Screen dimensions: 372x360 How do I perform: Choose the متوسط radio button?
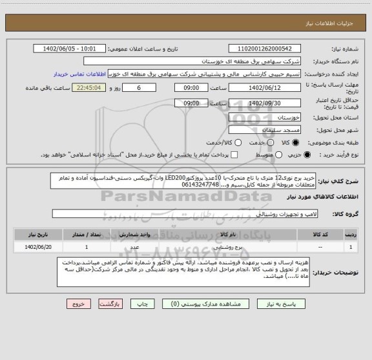(x=275, y=156)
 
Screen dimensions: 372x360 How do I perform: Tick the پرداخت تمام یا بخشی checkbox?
(x=234, y=156)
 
